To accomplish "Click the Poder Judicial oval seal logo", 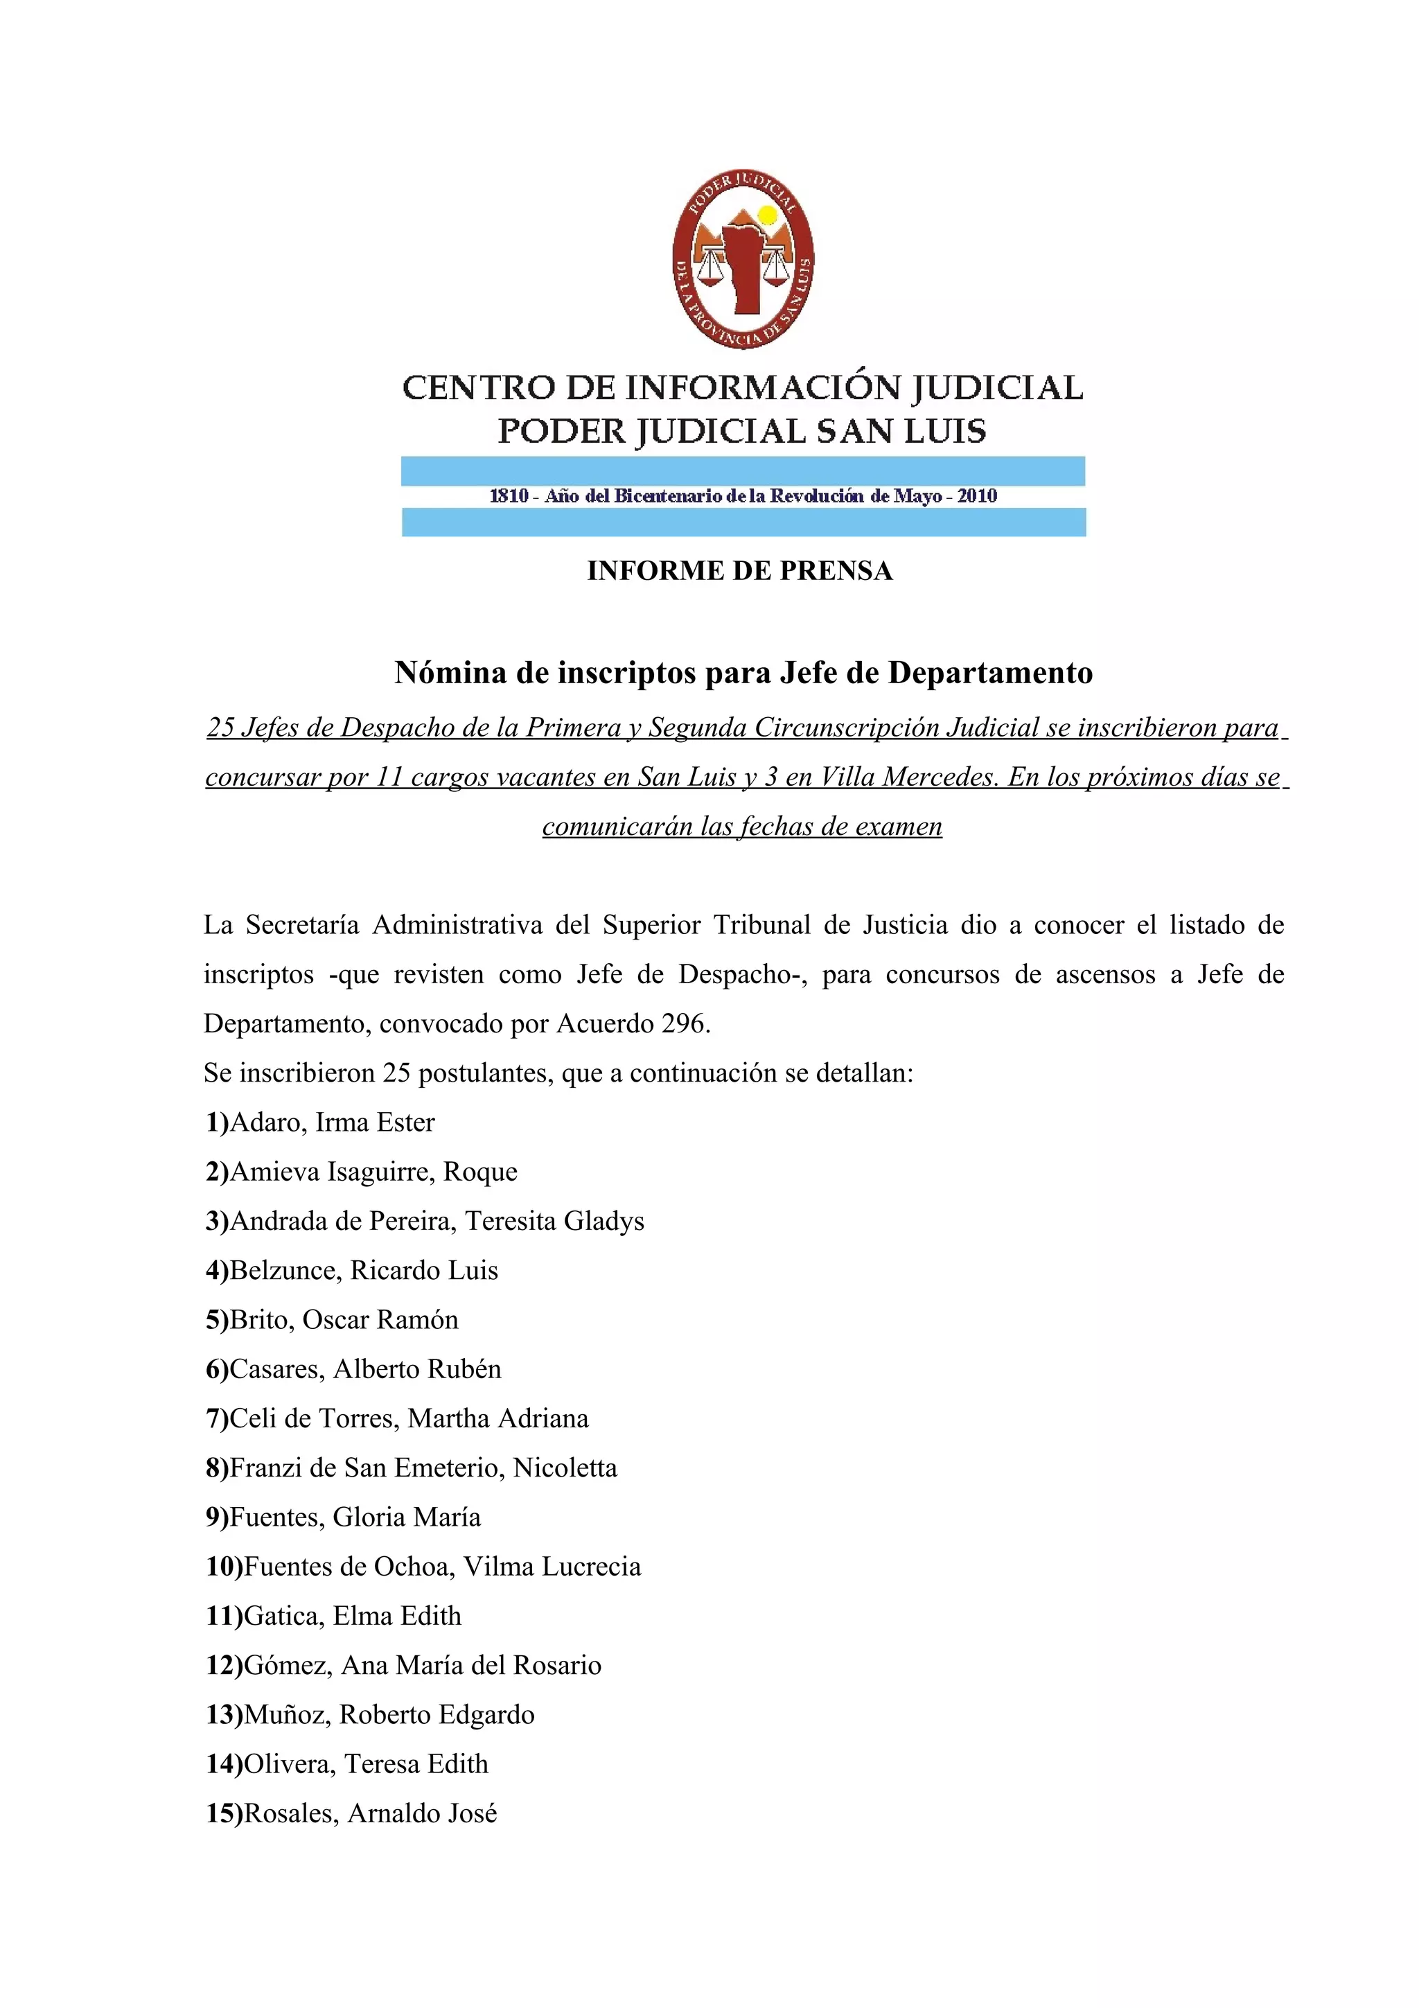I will tap(743, 259).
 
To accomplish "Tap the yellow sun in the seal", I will tap(767, 215).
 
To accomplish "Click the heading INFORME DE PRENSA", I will tap(740, 571).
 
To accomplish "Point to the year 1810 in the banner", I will tap(509, 496).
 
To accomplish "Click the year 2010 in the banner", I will tap(976, 496).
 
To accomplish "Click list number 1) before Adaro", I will tap(217, 1122).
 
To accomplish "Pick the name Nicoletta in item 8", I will tap(565, 1468).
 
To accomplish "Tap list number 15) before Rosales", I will tap(224, 1813).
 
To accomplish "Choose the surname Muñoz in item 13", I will tap(286, 1714).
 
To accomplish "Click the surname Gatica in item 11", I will tap(283, 1615).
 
